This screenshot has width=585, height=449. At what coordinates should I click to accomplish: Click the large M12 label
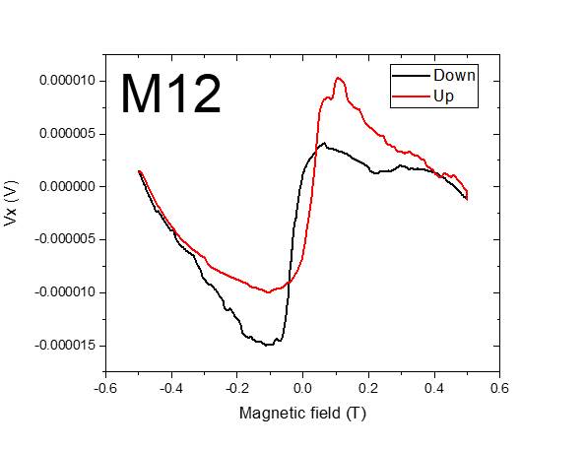point(170,95)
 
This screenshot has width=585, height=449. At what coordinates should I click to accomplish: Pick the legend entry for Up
point(442,96)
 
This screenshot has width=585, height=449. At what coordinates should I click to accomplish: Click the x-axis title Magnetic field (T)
point(302,414)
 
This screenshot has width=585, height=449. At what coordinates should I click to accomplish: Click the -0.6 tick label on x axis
point(104,387)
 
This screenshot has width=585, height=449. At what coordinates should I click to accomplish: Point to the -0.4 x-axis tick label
point(170,387)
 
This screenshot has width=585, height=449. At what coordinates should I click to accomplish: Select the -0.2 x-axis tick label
point(236,387)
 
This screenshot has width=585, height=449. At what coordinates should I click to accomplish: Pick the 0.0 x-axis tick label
point(302,387)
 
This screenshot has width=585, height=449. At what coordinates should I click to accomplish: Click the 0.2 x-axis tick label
point(368,387)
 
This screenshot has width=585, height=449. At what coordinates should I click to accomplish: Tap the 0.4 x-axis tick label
point(434,387)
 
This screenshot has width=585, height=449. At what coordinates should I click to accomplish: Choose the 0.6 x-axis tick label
point(500,387)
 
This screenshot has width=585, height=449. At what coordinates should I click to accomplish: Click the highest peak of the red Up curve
point(338,78)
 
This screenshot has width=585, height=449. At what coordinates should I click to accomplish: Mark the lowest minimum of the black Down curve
point(267,345)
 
